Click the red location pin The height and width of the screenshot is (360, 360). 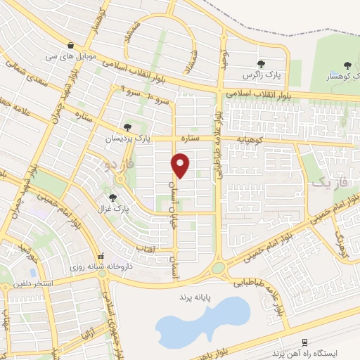click(181, 165)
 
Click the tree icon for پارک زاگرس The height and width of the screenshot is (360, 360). click(261, 64)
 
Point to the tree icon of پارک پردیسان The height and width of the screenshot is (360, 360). click(127, 127)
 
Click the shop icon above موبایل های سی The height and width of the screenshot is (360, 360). click(71, 43)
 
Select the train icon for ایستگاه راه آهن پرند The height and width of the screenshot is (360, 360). click(304, 342)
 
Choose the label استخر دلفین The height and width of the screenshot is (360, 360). click(31, 287)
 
